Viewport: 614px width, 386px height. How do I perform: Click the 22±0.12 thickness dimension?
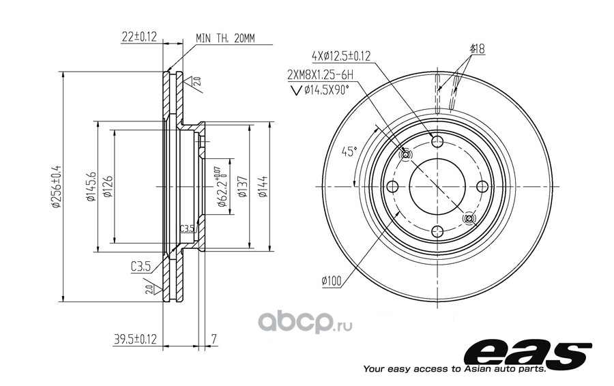coord(139,37)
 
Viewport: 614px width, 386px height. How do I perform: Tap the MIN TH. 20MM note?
coord(225,38)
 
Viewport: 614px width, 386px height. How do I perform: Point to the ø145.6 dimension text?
coord(91,186)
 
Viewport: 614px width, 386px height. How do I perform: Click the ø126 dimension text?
coord(108,186)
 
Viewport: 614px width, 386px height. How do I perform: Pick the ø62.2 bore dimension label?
coord(220,186)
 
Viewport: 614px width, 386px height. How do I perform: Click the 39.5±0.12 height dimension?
coord(135,339)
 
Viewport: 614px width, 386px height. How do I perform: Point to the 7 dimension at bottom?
coord(214,339)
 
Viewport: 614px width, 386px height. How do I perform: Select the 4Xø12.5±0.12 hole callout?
coord(341,56)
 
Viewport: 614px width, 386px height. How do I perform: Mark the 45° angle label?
coord(350,151)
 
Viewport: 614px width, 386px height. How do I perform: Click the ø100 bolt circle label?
coord(332,281)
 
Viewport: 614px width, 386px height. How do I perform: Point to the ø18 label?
coord(477,49)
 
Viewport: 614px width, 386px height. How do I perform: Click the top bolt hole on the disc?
coord(437,141)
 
